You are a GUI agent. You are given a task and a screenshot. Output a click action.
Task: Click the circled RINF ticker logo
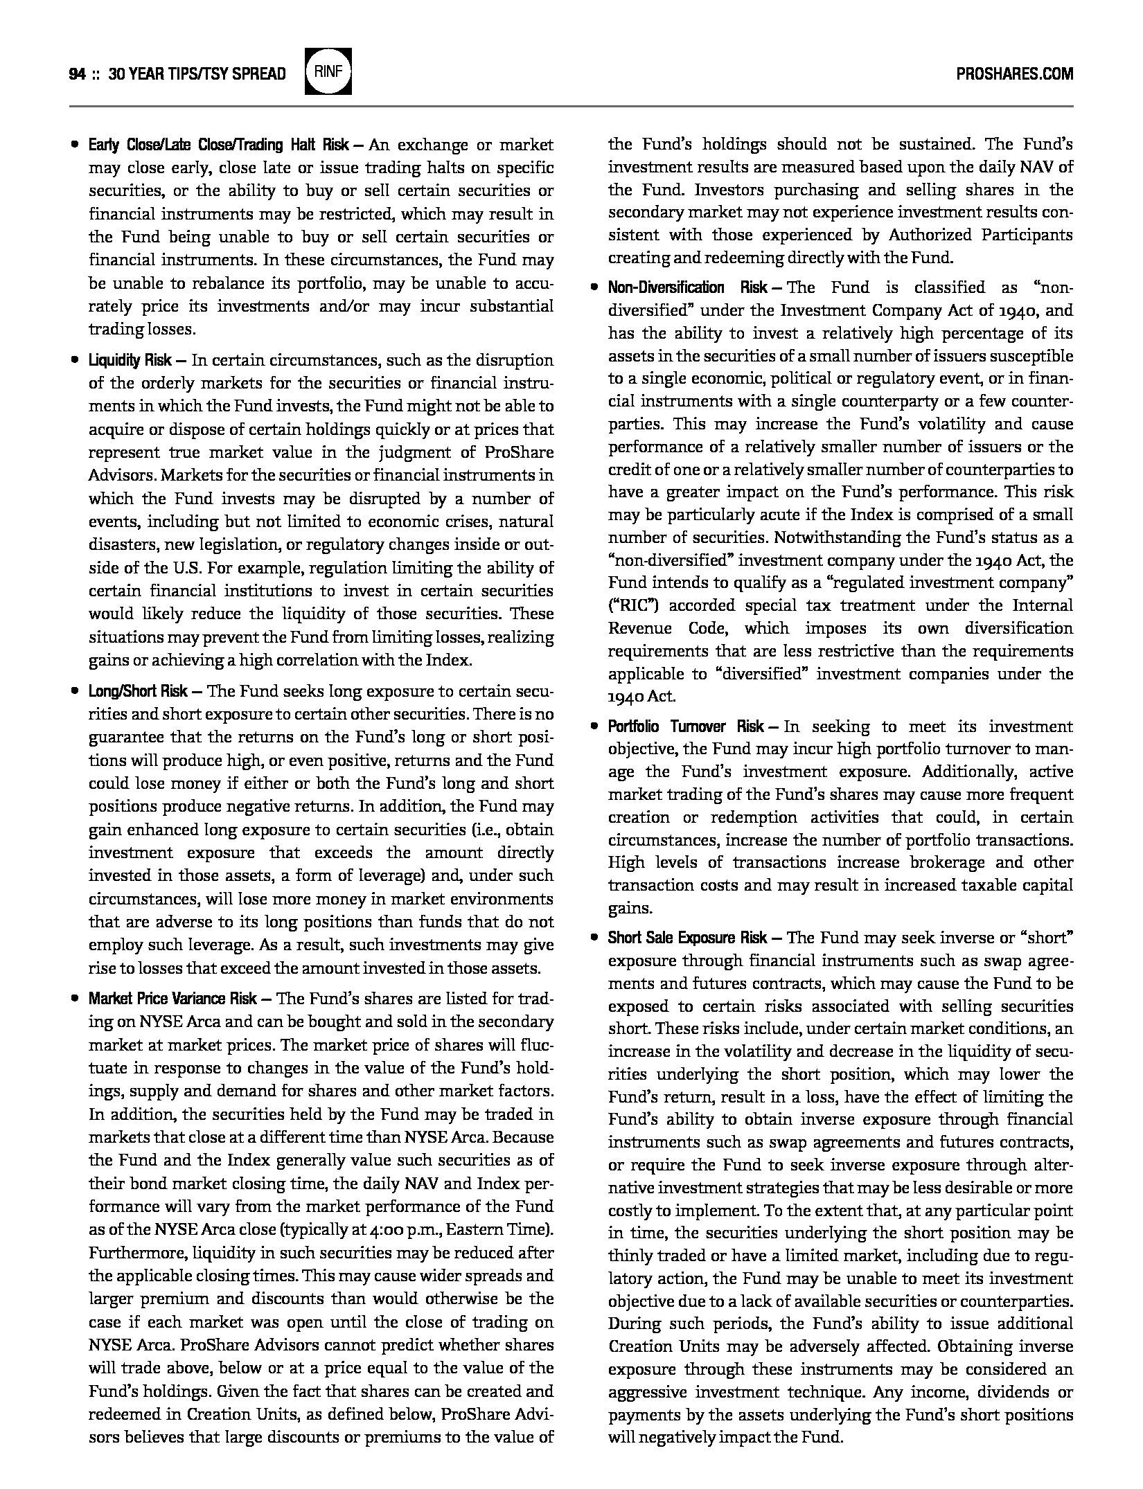pos(328,71)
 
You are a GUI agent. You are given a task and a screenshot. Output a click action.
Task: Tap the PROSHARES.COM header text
pos(1014,73)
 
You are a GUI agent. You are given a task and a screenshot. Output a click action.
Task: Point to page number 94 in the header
pos(77,74)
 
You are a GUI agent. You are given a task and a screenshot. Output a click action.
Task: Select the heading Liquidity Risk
pos(130,361)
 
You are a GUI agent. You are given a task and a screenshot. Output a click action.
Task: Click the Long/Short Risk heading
pos(138,692)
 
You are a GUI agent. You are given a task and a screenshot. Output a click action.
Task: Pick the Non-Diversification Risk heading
pos(687,287)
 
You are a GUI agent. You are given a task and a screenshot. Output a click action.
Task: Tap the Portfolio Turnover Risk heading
pos(686,726)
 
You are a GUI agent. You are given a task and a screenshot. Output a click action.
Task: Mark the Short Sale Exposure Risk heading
pos(687,938)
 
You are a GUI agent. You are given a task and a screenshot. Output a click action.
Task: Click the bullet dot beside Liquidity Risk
pos(74,360)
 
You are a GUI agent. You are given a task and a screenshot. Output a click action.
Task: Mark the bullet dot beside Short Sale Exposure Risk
pos(594,938)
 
